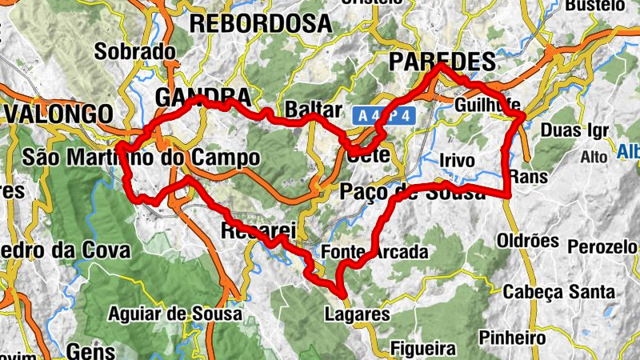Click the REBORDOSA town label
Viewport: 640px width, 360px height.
[260, 23]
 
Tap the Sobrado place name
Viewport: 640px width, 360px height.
[135, 52]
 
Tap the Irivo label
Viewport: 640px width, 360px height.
[457, 161]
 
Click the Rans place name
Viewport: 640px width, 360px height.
[526, 175]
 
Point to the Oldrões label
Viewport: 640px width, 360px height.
[528, 240]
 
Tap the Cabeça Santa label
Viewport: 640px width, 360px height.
[559, 292]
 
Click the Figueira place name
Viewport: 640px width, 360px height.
[423, 349]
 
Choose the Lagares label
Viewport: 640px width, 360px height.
[357, 314]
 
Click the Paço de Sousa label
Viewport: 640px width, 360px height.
[412, 192]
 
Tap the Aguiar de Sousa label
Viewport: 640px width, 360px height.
[174, 314]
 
